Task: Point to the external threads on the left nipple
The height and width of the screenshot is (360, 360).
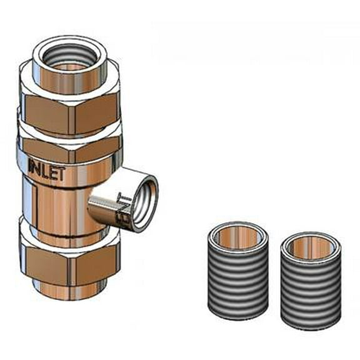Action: (x=238, y=287)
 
